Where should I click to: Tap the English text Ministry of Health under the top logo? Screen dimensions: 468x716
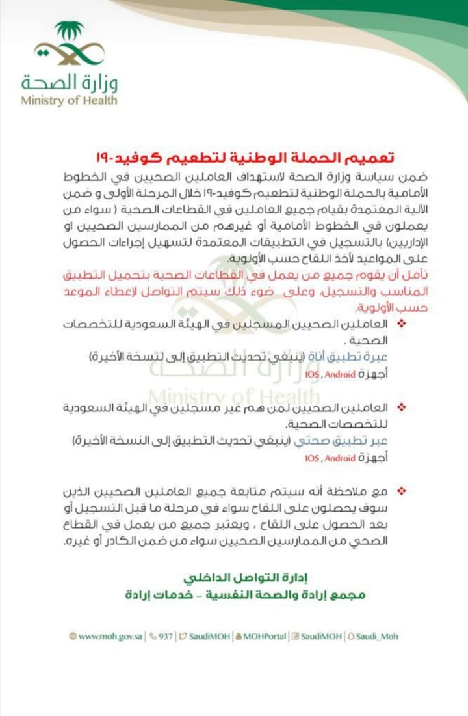tap(69, 101)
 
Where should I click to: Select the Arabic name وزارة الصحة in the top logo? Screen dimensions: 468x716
tap(69, 83)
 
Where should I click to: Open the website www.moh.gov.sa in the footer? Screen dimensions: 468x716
tap(105, 637)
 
